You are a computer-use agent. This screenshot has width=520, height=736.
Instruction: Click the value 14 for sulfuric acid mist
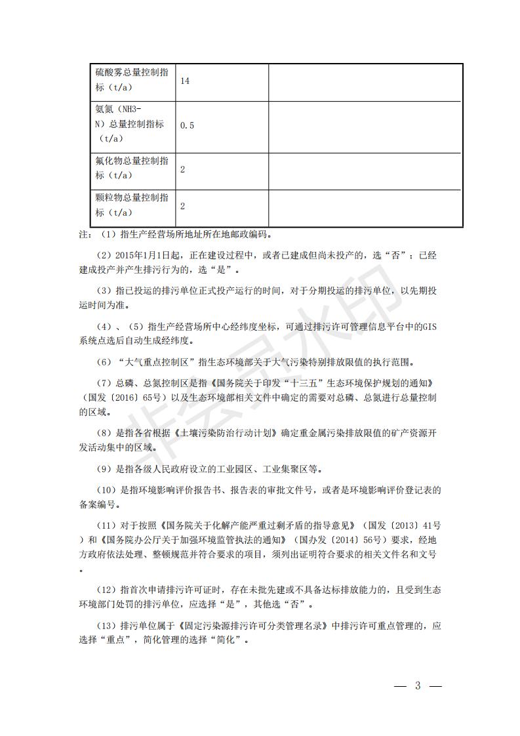coord(185,81)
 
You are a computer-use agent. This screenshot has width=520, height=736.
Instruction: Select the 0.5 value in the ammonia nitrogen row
coord(187,125)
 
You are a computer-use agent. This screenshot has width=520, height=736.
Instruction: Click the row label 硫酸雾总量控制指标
coord(131,81)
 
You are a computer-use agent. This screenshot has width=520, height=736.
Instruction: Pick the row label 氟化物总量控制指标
coord(131,169)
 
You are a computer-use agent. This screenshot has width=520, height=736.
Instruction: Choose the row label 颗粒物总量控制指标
coord(131,205)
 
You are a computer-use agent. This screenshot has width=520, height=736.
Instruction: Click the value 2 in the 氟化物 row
coord(182,169)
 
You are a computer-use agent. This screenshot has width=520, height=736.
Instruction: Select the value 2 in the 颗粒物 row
coord(182,206)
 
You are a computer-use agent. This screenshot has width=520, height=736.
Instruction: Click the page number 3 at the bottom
coord(418,686)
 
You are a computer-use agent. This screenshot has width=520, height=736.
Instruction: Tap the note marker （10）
coord(108,489)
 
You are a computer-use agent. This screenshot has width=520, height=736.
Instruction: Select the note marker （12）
coord(108,589)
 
